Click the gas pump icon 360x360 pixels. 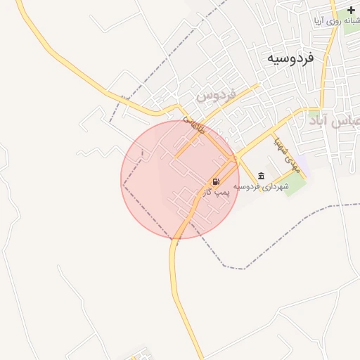click(214, 181)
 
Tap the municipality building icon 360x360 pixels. click(262, 176)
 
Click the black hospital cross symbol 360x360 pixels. click(352, 11)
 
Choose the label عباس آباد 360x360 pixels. click(335, 121)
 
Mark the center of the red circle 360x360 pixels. click(180, 179)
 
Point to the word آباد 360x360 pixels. click(322, 121)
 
